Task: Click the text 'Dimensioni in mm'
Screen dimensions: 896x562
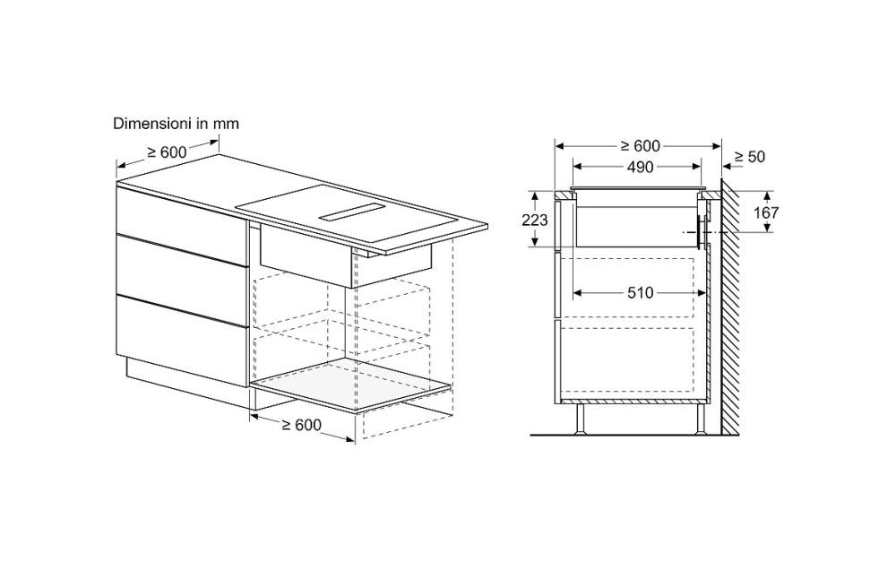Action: point(176,124)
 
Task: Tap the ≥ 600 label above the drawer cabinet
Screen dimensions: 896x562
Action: point(167,152)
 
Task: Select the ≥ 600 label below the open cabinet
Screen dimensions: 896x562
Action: point(301,424)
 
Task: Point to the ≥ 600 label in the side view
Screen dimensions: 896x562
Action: point(640,146)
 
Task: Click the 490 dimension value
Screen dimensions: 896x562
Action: point(640,167)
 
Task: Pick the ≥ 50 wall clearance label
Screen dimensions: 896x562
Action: point(749,157)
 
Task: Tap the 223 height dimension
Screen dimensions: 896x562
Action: point(535,220)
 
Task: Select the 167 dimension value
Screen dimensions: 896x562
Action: point(766,212)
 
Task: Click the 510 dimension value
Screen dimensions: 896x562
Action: point(640,293)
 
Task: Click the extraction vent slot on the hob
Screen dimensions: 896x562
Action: point(352,212)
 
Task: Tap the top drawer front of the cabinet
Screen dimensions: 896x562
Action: point(182,223)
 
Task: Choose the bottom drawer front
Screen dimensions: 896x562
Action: point(182,342)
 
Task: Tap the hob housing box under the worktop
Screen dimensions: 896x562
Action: point(345,256)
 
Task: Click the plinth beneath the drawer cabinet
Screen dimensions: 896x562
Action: point(187,381)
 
